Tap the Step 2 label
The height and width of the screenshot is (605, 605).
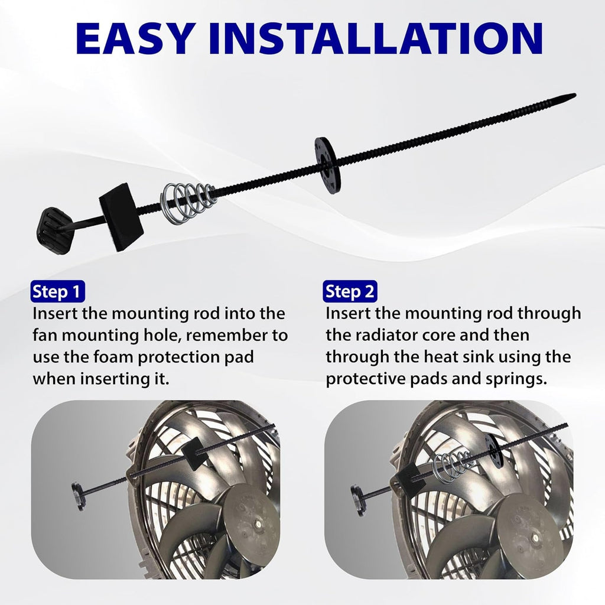point(350,292)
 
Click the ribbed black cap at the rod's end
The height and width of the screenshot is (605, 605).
point(57,230)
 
